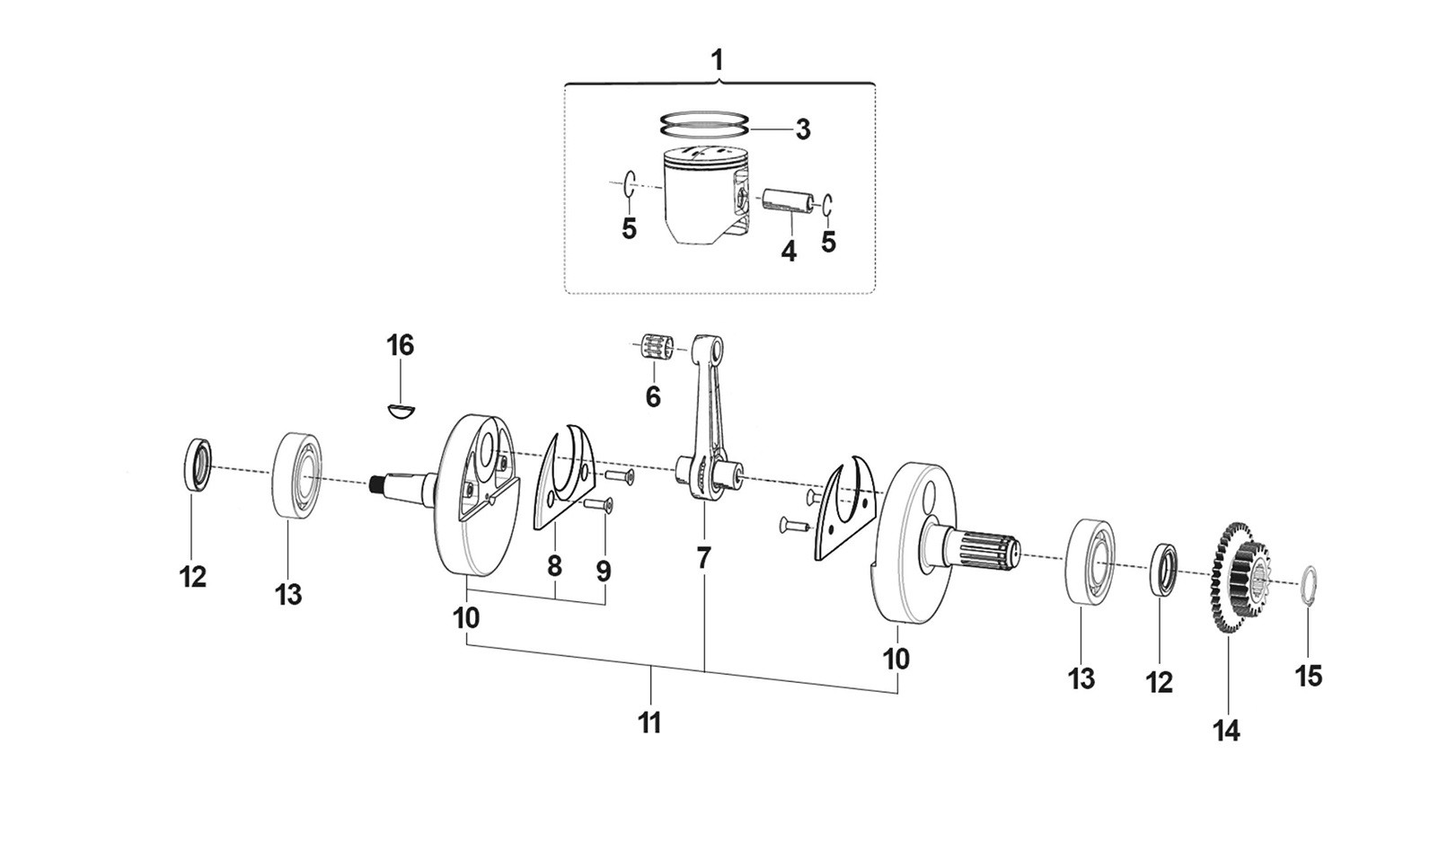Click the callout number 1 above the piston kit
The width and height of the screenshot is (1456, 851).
717,61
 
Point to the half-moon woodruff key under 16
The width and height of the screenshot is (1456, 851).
401,411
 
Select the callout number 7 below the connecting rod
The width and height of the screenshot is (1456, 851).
704,558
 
